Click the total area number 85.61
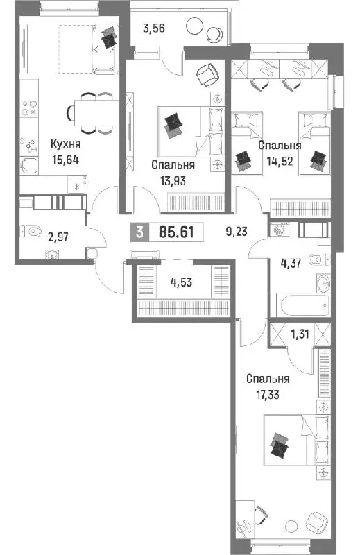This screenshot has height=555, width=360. (x=176, y=232)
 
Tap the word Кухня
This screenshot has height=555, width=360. (x=65, y=144)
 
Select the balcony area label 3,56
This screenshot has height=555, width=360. (x=153, y=28)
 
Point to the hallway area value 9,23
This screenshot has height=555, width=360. (x=237, y=232)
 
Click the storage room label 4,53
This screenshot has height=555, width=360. (x=181, y=282)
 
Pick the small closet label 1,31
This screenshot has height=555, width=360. (x=300, y=334)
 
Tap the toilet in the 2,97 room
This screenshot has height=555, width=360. (x=31, y=232)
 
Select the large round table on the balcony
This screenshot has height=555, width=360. (x=194, y=26)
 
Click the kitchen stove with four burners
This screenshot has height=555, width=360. (x=29, y=108)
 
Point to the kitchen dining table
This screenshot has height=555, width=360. (x=96, y=112)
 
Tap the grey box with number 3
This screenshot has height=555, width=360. (x=139, y=232)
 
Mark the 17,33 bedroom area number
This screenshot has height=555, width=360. (x=268, y=394)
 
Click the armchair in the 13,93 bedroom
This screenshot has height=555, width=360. (x=207, y=75)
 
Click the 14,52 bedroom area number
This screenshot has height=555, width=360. (x=280, y=161)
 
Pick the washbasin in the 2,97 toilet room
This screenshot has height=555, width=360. (x=53, y=254)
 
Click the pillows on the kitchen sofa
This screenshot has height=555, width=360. (x=110, y=37)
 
